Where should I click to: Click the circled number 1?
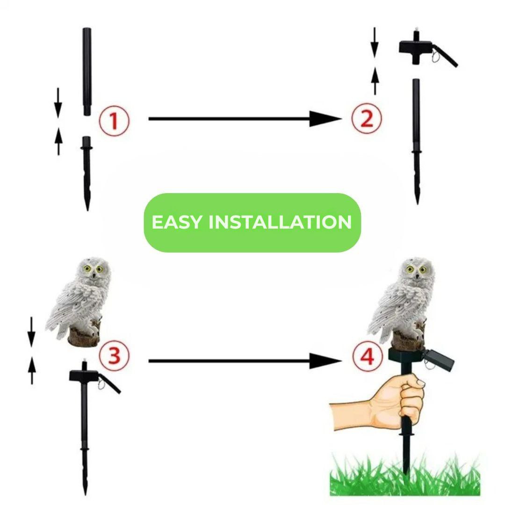tap(114, 121)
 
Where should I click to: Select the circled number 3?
tap(114, 356)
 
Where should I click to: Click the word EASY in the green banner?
tap(177, 222)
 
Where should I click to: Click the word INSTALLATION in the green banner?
tap(280, 222)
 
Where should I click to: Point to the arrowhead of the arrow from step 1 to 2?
tap(325, 119)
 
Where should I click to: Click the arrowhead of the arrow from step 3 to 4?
tap(325, 361)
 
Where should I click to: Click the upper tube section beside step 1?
tap(87, 70)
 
